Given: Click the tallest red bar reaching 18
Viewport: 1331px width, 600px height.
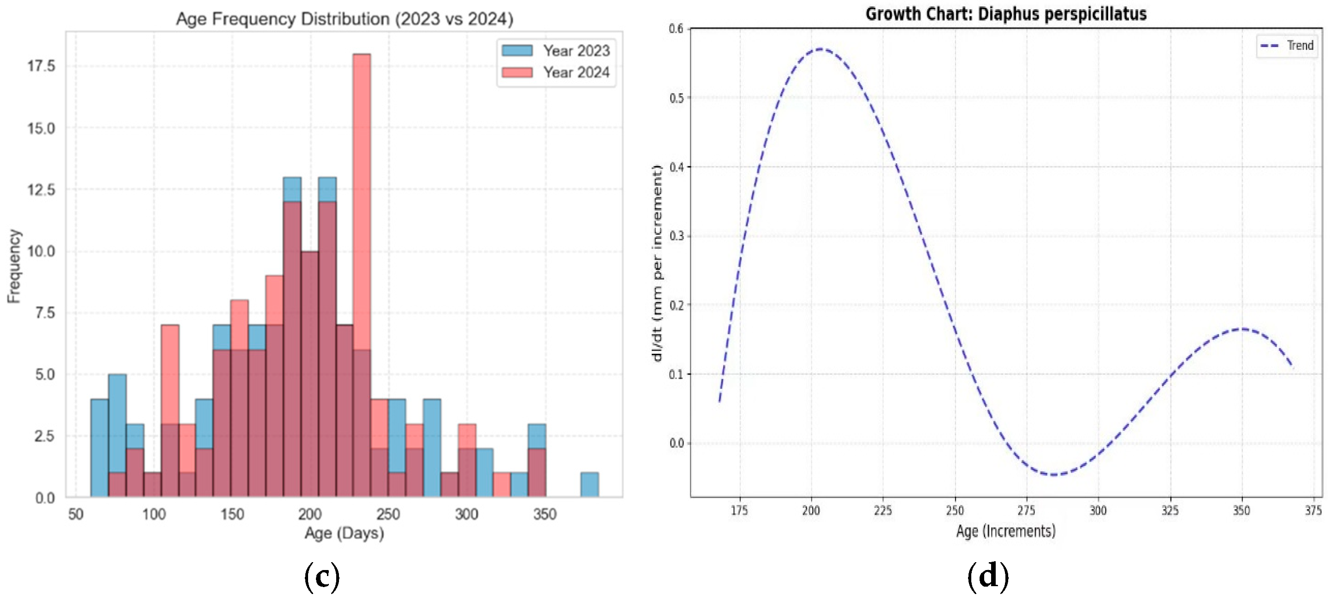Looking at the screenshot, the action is pos(362,275).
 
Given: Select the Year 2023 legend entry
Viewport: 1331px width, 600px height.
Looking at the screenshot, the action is pos(555,51).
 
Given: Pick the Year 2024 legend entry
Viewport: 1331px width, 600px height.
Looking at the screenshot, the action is pos(555,72).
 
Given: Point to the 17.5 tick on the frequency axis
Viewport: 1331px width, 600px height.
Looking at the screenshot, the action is pos(42,66).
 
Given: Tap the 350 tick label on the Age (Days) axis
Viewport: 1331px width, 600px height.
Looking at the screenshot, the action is pos(545,514).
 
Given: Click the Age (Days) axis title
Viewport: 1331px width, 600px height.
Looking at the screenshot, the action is pos(344,533).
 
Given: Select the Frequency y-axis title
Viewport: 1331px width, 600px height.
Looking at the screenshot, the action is pos(14,266).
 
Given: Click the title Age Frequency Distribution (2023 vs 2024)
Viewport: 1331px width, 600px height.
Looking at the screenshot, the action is pos(345,18).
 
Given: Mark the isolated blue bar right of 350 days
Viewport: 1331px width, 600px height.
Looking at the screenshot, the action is pos(589,485).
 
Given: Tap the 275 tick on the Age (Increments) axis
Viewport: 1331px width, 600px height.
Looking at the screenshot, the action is pos(1026,511).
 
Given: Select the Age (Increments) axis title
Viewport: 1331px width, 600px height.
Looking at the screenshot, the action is pos(1005,531).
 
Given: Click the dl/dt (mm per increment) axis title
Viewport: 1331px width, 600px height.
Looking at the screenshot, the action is pos(657,263).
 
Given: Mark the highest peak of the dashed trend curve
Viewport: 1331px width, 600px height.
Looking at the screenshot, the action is pos(820,49).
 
